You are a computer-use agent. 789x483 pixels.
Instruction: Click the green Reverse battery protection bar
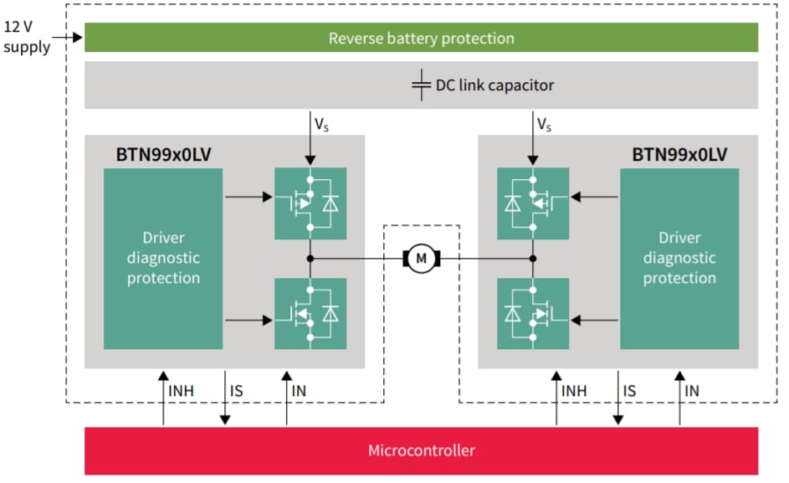pyautogui.click(x=421, y=38)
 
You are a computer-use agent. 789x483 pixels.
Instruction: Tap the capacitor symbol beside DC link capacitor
pyautogui.click(x=421, y=85)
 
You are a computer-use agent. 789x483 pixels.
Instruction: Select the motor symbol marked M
pyautogui.click(x=421, y=258)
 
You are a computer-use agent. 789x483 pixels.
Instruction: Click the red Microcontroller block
pyautogui.click(x=421, y=450)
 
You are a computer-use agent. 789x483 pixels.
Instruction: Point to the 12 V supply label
pyautogui.click(x=26, y=37)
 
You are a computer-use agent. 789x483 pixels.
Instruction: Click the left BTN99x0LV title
pyautogui.click(x=163, y=154)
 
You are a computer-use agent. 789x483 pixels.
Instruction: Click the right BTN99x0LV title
pyautogui.click(x=679, y=154)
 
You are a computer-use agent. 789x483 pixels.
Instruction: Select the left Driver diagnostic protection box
pyautogui.click(x=163, y=258)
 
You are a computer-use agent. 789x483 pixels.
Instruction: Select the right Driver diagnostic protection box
pyautogui.click(x=679, y=258)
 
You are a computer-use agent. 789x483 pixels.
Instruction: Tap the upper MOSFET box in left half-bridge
pyautogui.click(x=310, y=203)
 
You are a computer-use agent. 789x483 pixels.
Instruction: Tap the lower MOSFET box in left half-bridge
pyautogui.click(x=310, y=314)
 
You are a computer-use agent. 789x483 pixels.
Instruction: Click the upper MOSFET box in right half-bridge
pyautogui.click(x=533, y=203)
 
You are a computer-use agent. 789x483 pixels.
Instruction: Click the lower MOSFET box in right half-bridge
pyautogui.click(x=533, y=314)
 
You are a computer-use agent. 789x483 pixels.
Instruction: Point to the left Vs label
pyautogui.click(x=322, y=125)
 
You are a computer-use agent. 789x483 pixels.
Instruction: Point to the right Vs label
pyautogui.click(x=544, y=125)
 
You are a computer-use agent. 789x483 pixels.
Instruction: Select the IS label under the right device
pyautogui.click(x=630, y=390)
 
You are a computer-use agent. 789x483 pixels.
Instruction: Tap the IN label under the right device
pyautogui.click(x=692, y=390)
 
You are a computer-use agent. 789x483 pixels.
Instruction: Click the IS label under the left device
pyautogui.click(x=237, y=390)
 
